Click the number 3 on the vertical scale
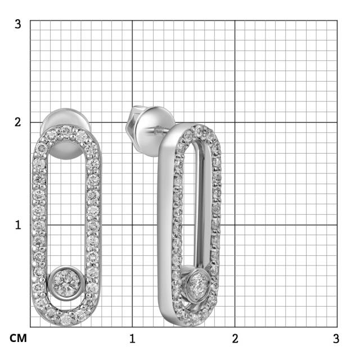pos(18,24)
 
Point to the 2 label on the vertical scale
pos(18,122)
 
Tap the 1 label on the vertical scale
pos(18,224)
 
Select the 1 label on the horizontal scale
pos(132,339)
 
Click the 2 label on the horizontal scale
pos(235,339)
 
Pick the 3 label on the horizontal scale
pos(336,339)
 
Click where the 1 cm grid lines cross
pos(132,224)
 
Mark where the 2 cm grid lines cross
pos(235,122)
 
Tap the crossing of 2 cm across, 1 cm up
pos(235,224)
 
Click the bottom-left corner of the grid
pos(30,327)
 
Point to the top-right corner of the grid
pos(337,20)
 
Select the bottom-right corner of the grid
pos(337,327)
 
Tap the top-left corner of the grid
pos(30,20)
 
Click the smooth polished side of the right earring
pos(164,225)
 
